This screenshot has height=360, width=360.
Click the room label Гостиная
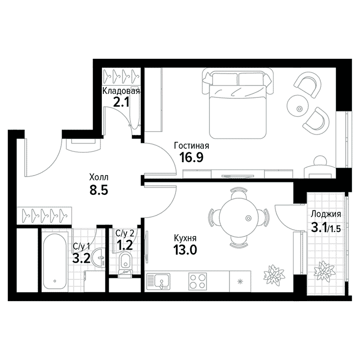191,146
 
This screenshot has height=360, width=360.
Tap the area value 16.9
191,157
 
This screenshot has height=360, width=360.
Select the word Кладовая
121,91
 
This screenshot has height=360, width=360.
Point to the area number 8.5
99,190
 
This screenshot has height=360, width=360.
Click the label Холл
99,177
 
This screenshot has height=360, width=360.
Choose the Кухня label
185,238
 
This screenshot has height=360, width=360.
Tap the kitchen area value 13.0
185,250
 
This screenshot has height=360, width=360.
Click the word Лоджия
326,215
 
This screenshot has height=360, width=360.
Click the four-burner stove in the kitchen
197,281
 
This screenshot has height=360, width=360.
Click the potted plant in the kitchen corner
273,275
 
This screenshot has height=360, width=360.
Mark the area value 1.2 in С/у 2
125,246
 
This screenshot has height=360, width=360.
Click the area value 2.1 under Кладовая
122,103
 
